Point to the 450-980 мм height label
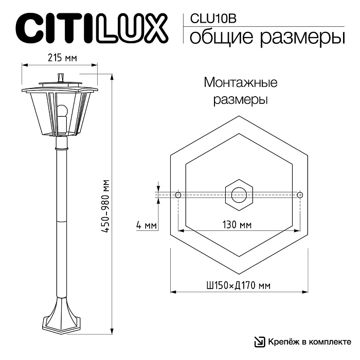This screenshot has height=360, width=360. coord(105,206)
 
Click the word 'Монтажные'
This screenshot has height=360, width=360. coord(241,82)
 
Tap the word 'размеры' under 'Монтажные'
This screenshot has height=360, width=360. coord(241,100)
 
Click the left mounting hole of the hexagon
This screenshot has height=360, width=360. coord(177,195)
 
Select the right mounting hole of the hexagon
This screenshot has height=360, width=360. coord(300,195)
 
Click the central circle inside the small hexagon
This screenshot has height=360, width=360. coord(239,195)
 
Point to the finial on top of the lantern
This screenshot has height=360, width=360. coord(62,77)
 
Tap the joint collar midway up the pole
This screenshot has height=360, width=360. coord(61,220)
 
